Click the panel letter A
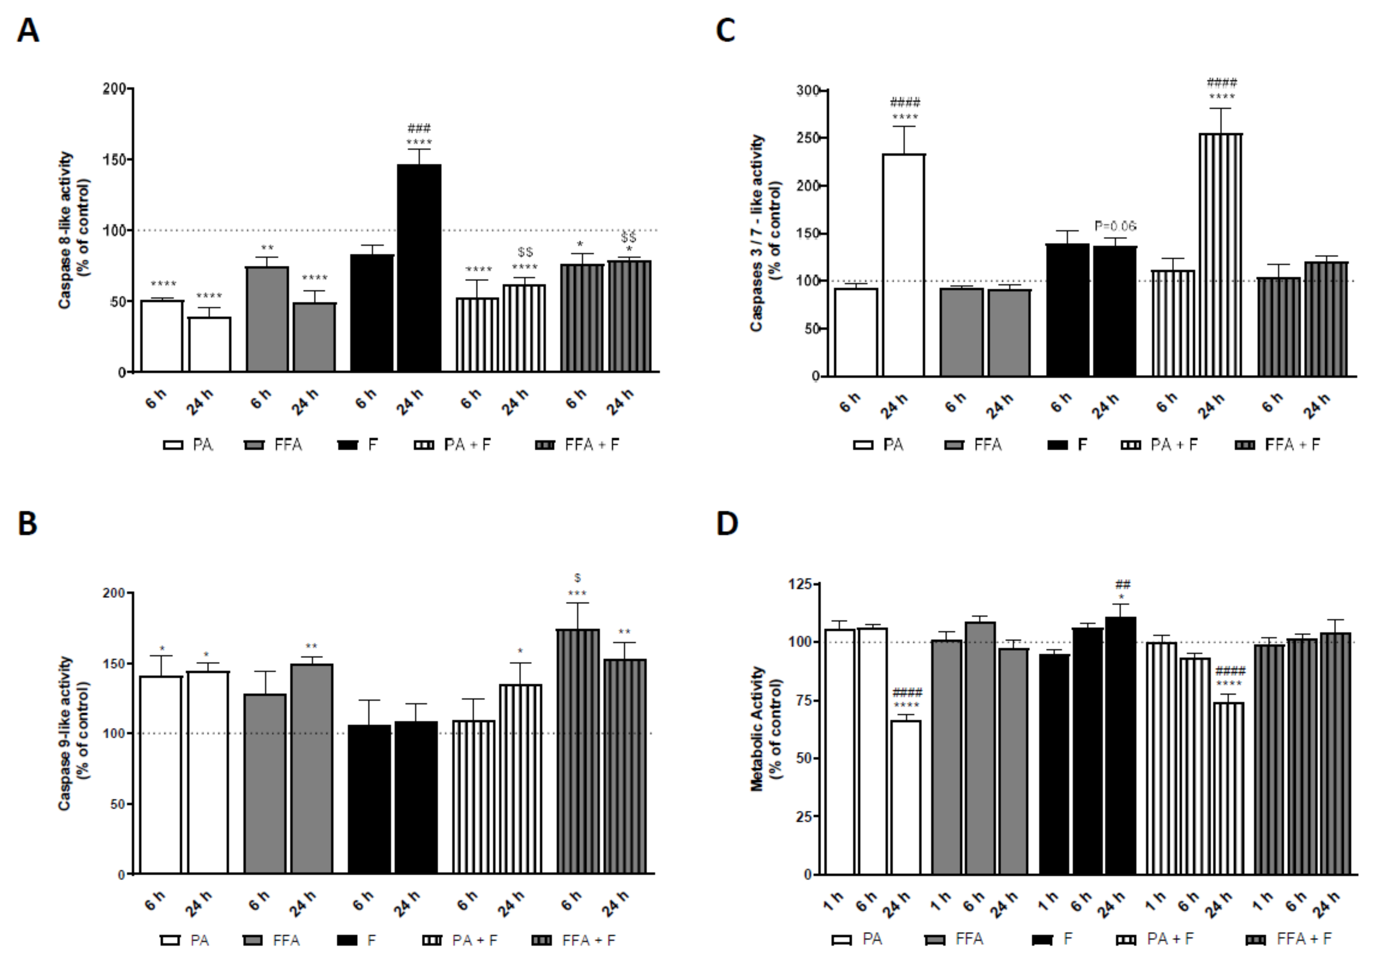click(28, 30)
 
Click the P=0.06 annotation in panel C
click(1115, 226)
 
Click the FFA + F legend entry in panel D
click(1289, 939)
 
